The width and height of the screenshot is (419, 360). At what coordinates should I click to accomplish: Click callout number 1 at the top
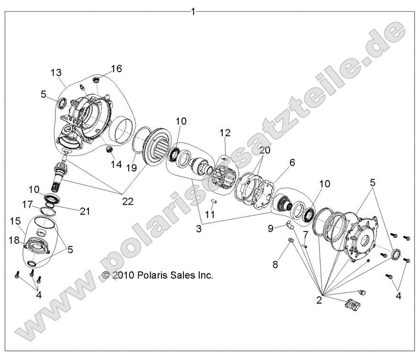(x=193, y=11)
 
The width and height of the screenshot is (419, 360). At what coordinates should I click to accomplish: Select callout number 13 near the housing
(x=56, y=73)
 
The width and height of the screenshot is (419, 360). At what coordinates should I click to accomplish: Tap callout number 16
(x=117, y=69)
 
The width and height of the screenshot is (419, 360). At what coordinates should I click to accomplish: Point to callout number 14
(x=117, y=164)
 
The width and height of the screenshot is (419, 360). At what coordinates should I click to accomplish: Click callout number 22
(x=128, y=201)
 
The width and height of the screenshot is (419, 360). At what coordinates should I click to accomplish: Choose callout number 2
(x=319, y=300)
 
